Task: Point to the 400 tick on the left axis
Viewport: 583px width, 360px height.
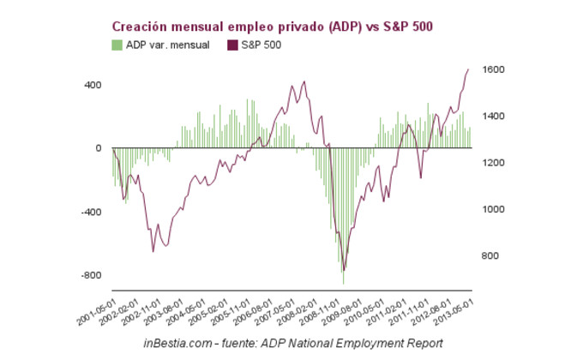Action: (92, 85)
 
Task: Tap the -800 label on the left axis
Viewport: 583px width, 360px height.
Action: (90, 275)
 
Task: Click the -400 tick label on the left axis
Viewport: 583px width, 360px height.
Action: (90, 212)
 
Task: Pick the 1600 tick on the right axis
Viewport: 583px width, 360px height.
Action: (494, 69)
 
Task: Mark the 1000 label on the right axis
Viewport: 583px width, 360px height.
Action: (494, 209)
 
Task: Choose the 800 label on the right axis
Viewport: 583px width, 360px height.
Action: (491, 255)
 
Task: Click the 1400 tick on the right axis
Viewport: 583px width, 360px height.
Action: (494, 116)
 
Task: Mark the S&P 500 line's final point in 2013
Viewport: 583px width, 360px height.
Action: (468, 69)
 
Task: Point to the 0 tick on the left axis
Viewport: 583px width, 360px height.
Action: (99, 148)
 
